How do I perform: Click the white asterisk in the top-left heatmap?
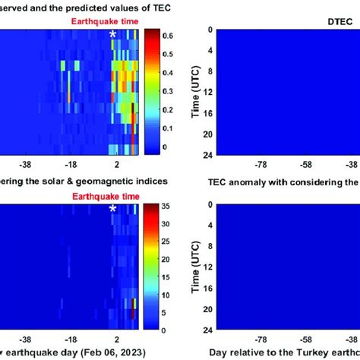[113, 34]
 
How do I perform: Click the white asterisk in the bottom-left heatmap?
[113, 209]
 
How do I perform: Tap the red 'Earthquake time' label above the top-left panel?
[99, 22]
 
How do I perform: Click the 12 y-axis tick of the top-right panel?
[205, 92]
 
